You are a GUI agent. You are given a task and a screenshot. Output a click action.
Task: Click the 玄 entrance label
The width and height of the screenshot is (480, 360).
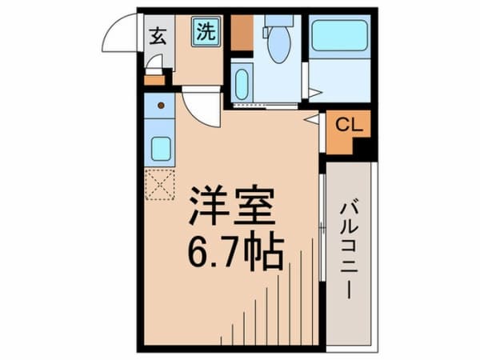tap(158, 34)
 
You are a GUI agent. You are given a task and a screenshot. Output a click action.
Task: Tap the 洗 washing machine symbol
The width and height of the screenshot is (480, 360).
tap(206, 33)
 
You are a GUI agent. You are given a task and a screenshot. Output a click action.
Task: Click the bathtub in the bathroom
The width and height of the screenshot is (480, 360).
tap(339, 36)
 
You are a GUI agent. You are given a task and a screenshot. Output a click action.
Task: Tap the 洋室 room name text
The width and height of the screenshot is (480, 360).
tap(231, 206)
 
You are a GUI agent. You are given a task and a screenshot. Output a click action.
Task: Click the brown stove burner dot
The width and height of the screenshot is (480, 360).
tap(161, 104)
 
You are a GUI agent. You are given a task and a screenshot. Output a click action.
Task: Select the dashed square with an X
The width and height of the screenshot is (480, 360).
tap(159, 185)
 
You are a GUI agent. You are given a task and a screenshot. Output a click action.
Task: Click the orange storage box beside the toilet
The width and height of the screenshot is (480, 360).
tap(241, 33)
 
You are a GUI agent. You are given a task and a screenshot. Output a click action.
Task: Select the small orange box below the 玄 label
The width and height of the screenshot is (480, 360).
tap(154, 79)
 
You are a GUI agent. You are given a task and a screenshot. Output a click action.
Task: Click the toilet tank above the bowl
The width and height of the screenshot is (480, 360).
tap(278, 20)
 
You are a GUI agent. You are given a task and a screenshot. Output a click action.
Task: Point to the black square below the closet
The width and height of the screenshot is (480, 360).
tap(364, 149)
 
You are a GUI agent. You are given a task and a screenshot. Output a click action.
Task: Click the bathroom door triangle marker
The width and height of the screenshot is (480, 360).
tap(314, 94)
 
